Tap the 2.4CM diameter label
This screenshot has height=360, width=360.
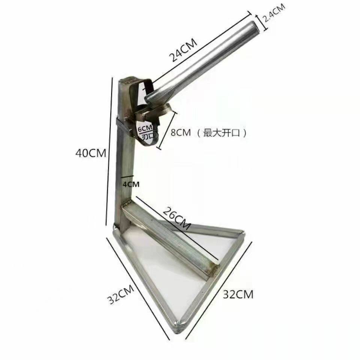tap(274, 13)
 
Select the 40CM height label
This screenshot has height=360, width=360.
tap(91, 153)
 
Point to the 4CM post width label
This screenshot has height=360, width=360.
tap(131, 184)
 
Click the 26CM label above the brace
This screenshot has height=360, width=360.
tap(177, 218)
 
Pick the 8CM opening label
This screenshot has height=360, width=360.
tap(180, 132)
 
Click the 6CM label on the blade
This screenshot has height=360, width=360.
tap(145, 128)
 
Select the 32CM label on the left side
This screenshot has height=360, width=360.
tap(121, 294)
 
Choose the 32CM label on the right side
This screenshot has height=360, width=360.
tap(238, 294)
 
